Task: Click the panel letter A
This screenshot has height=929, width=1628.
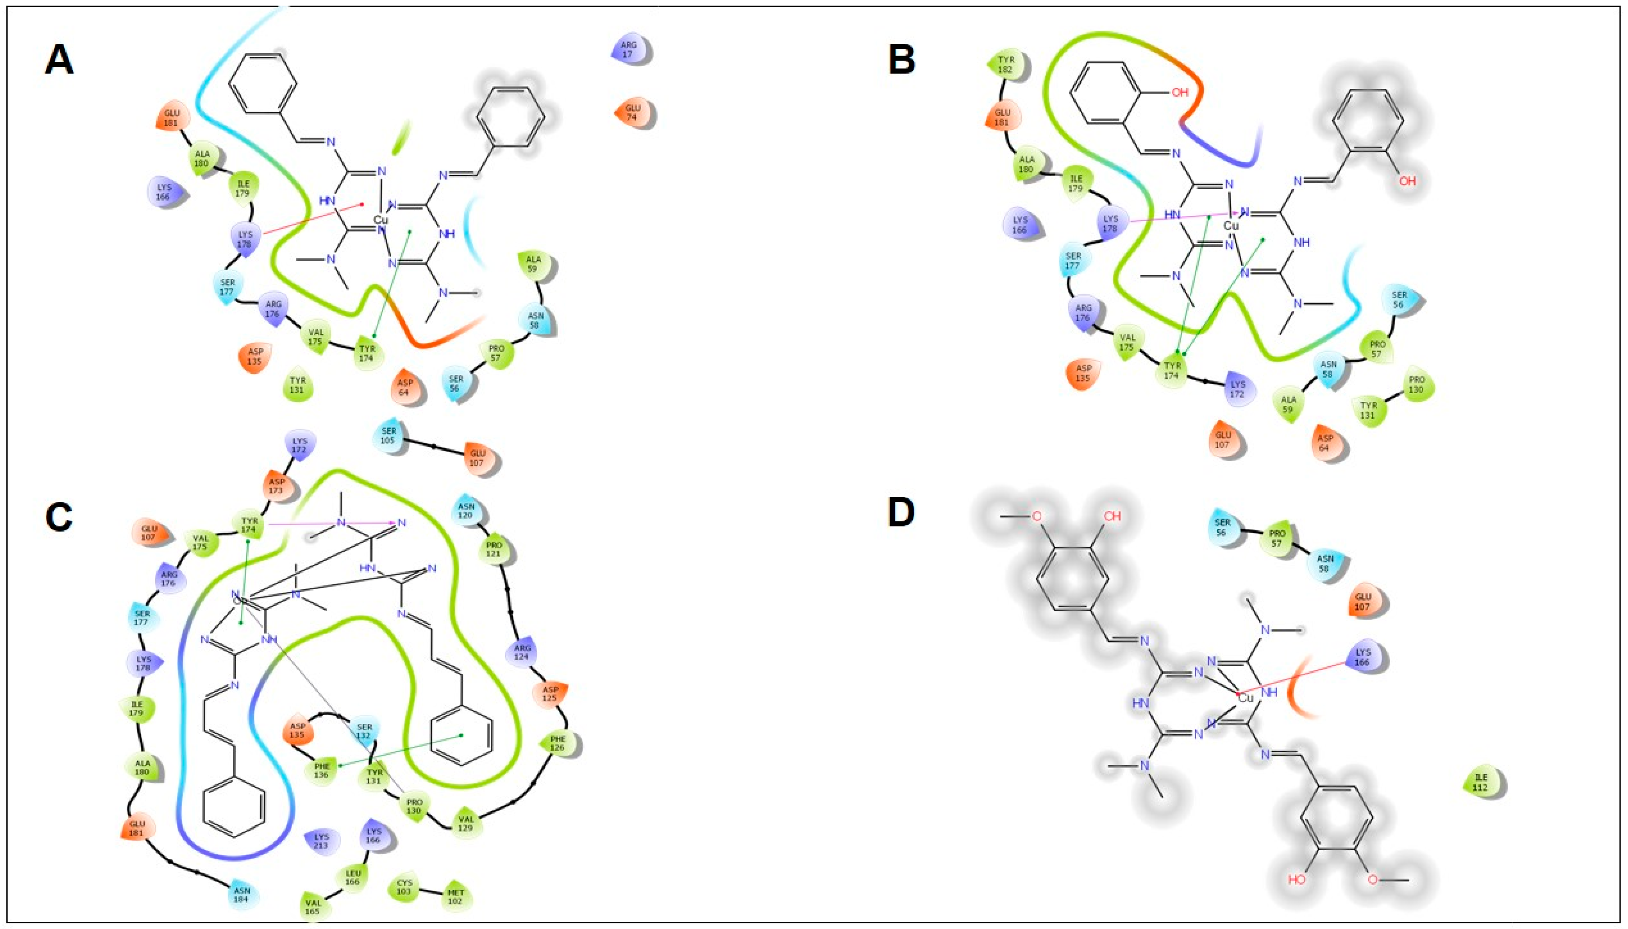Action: [59, 62]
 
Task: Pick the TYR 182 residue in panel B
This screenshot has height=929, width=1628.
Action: [1005, 64]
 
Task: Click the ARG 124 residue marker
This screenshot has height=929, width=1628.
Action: [523, 653]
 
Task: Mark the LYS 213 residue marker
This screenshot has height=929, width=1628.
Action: [322, 841]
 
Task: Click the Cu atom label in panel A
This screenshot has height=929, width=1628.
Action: [380, 220]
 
